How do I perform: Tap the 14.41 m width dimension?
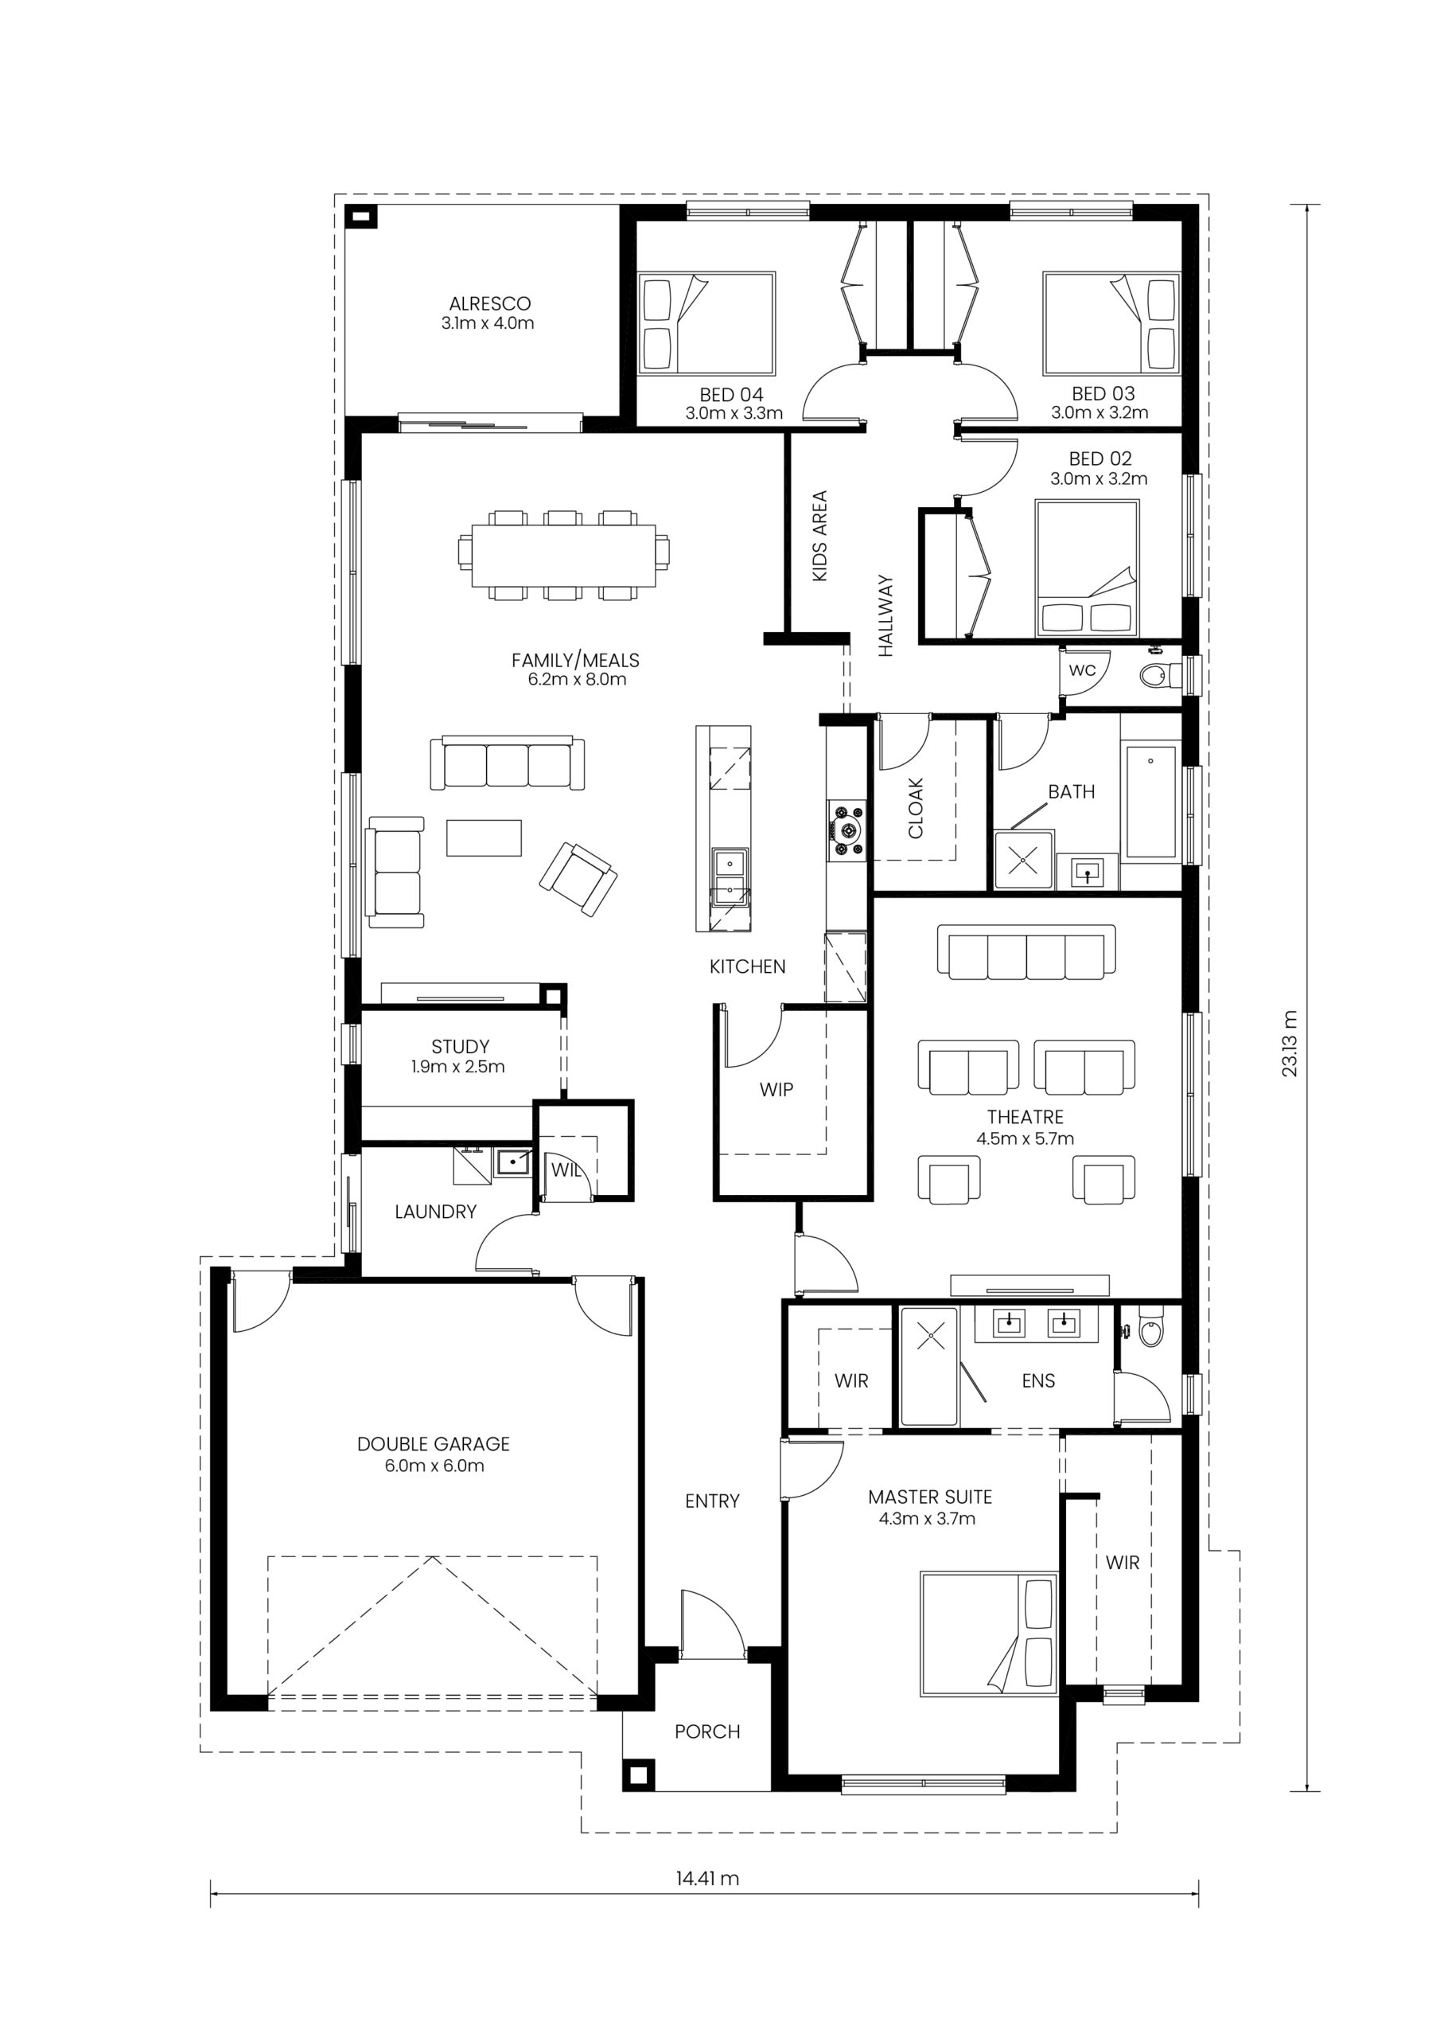pyautogui.click(x=707, y=1878)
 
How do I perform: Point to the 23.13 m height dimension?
pyautogui.click(x=1289, y=1044)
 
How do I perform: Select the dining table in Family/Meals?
pyautogui.click(x=564, y=556)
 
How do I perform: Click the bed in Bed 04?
pyautogui.click(x=707, y=322)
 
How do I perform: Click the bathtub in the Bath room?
pyautogui.click(x=1150, y=802)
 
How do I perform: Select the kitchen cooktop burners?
pyautogui.click(x=847, y=830)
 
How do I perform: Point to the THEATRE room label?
pyautogui.click(x=1025, y=1117)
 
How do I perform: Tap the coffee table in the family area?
pyautogui.click(x=484, y=837)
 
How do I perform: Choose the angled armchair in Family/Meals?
pyautogui.click(x=578, y=879)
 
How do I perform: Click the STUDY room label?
pyautogui.click(x=461, y=1047)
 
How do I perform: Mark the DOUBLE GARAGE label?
pyautogui.click(x=434, y=1444)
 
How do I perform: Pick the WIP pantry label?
pyautogui.click(x=776, y=1089)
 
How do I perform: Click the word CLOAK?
pyautogui.click(x=916, y=808)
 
